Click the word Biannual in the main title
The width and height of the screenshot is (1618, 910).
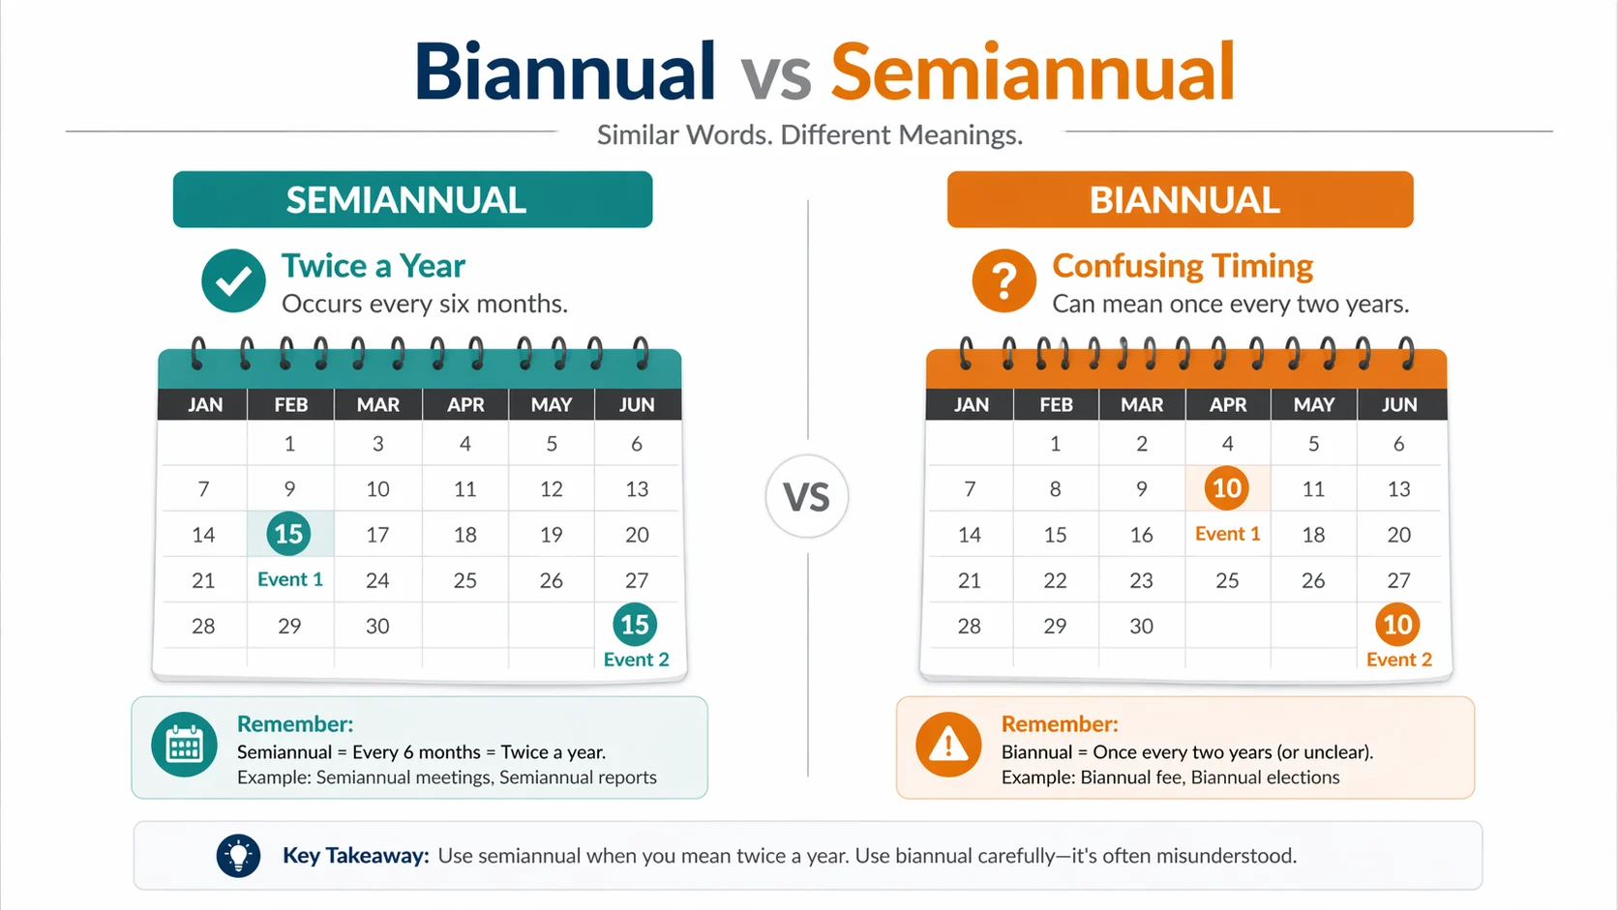pos(565,73)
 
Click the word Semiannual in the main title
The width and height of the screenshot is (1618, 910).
pos(1033,73)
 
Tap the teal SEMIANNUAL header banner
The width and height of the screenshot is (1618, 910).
pos(412,200)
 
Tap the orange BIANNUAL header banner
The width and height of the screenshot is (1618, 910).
pos(1180,200)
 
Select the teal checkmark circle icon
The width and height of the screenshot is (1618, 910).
pos(233,280)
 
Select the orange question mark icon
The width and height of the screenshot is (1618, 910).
pos(1004,280)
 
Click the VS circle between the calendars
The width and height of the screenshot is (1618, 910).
pos(806,497)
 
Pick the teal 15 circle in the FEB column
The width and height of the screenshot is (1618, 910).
pos(288,534)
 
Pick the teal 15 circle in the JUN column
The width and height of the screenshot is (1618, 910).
pos(635,625)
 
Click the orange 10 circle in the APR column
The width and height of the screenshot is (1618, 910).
pos(1226,488)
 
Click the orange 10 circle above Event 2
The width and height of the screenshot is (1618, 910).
pos(1397,625)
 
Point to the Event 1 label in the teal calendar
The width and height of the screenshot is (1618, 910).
pos(289,579)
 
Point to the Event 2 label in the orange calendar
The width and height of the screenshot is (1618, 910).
pos(1398,660)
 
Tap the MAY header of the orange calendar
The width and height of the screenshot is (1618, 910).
pos(1313,405)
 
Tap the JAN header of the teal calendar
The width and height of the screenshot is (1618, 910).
pos(204,405)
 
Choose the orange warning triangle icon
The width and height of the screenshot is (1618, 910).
pos(948,745)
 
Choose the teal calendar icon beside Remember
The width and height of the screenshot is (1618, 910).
pos(184,745)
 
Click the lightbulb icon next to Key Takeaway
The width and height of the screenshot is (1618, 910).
pos(238,855)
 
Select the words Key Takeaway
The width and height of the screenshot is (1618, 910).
pos(355,856)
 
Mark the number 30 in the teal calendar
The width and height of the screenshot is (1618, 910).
pos(377,626)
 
